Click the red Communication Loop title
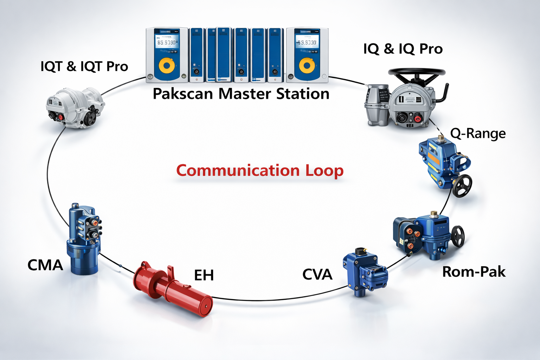pyautogui.click(x=259, y=171)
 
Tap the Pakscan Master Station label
pyautogui.click(x=241, y=94)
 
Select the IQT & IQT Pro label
pyautogui.click(x=84, y=66)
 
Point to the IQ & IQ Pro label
pyautogui.click(x=403, y=49)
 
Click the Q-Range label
pyautogui.click(x=478, y=134)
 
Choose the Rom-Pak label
pyautogui.click(x=474, y=272)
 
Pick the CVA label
pyautogui.click(x=317, y=275)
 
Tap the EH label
pyautogui.click(x=204, y=275)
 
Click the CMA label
pyautogui.click(x=45, y=265)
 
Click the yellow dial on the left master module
pyautogui.click(x=167, y=65)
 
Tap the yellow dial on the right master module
pyautogui.click(x=307, y=65)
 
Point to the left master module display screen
pyautogui.click(x=166, y=43)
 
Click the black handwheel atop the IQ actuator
pyautogui.click(x=417, y=72)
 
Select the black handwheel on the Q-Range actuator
pyautogui.click(x=462, y=186)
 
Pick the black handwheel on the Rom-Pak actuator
pyautogui.click(x=458, y=236)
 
